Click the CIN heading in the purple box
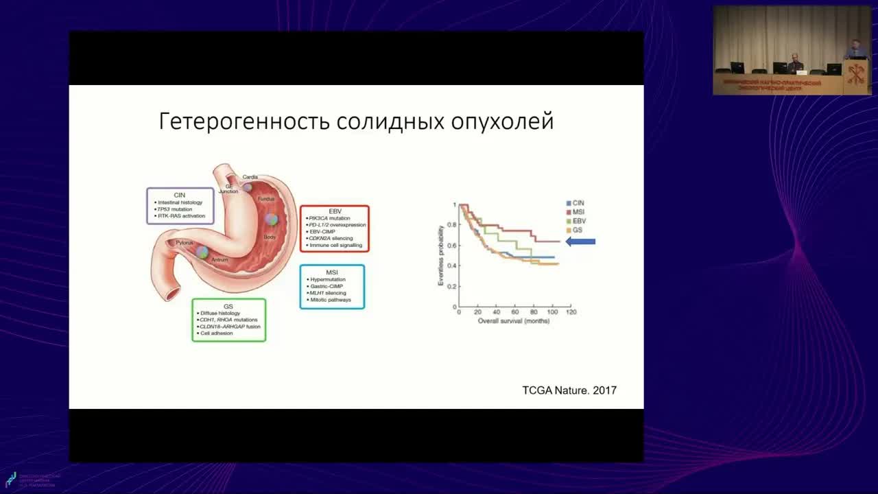click(x=180, y=195)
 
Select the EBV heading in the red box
click(x=335, y=211)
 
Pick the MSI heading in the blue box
click(x=332, y=272)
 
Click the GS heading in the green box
click(x=228, y=306)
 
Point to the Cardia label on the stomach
click(x=250, y=177)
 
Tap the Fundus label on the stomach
click(x=265, y=199)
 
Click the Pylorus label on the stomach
click(x=184, y=243)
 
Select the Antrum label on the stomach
click(x=219, y=260)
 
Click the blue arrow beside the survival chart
click(x=580, y=242)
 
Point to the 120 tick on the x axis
click(x=571, y=312)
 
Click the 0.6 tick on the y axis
click(x=451, y=245)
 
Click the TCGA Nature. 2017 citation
click(x=569, y=390)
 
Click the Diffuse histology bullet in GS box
click(x=220, y=314)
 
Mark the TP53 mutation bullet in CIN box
click(x=175, y=209)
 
